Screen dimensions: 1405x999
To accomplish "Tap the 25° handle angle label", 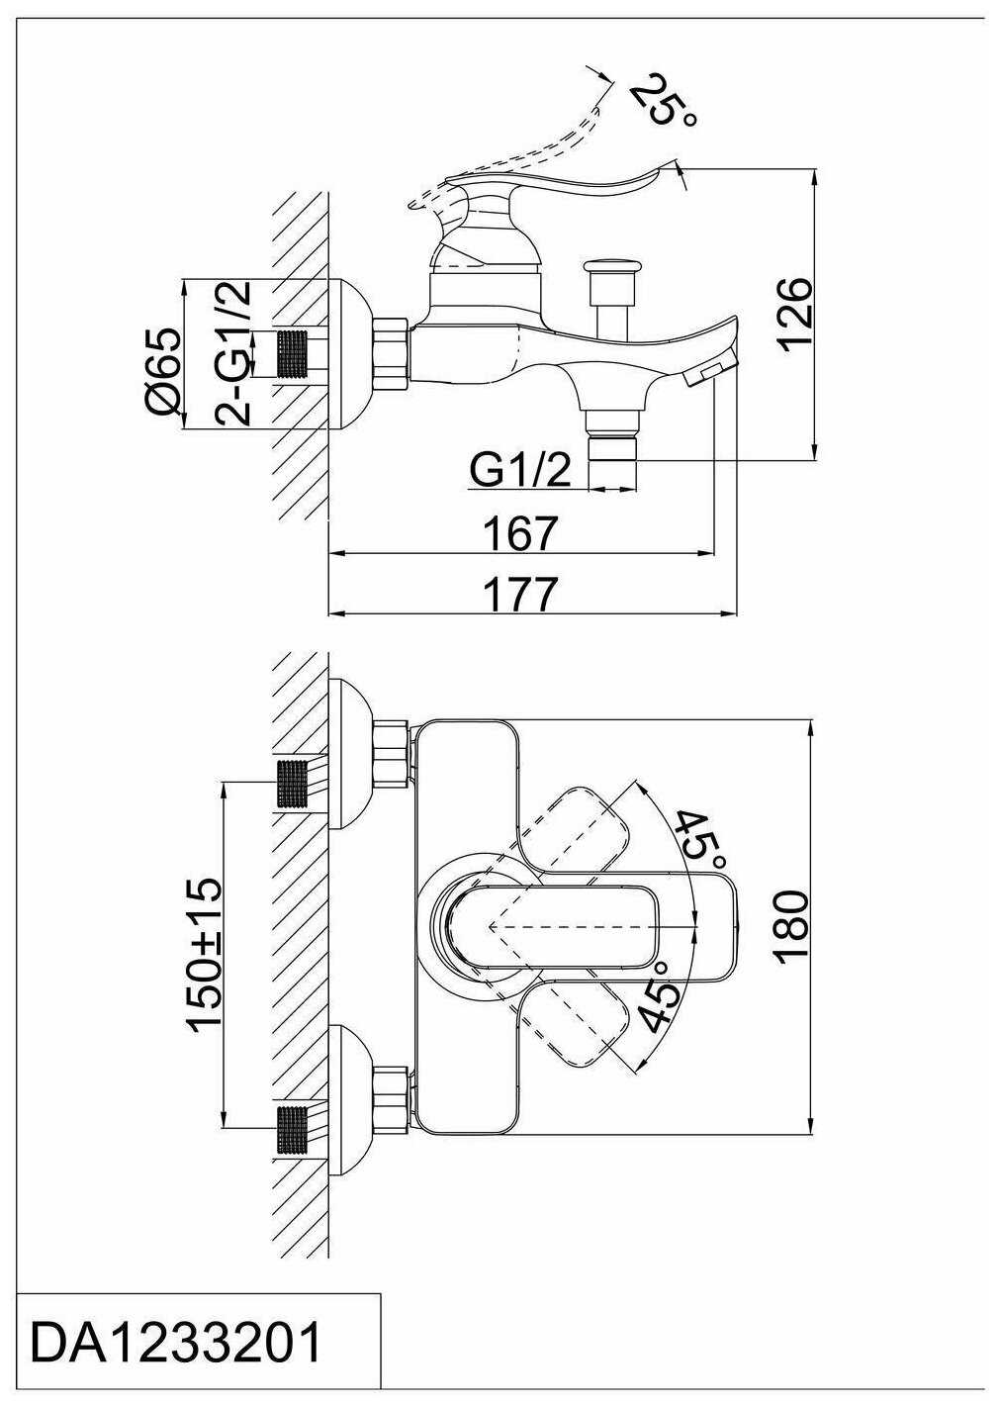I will click(x=664, y=100).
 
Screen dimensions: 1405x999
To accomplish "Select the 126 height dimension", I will click(x=794, y=316).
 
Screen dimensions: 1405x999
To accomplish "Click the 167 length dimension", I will click(x=521, y=533).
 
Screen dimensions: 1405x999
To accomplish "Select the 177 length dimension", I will click(x=521, y=595).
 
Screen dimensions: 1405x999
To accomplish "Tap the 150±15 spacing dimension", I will click(x=207, y=953).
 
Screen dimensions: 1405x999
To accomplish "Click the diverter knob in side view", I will click(x=614, y=269).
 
